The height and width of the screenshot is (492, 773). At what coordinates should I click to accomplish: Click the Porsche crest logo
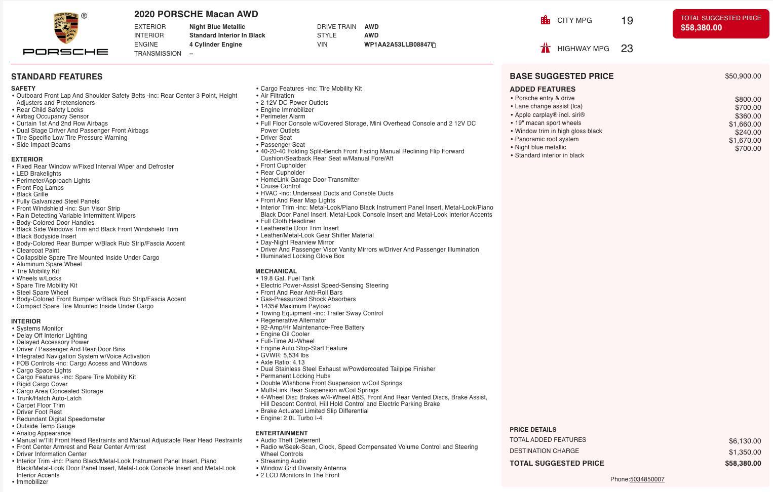(65, 28)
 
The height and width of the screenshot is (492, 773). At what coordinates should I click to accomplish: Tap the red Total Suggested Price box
(720, 23)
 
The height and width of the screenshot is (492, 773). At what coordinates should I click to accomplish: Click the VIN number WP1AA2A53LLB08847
(397, 45)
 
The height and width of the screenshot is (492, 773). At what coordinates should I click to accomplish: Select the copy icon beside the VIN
(434, 45)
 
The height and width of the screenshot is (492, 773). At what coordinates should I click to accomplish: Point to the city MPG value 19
(627, 21)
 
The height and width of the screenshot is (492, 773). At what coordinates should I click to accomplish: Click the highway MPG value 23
(627, 49)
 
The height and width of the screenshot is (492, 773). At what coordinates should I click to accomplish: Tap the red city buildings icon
(546, 20)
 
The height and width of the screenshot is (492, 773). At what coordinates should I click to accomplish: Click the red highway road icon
(546, 48)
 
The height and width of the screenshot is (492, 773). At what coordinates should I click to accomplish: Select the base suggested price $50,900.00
(743, 76)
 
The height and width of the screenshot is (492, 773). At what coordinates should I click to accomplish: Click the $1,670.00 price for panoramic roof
(745, 140)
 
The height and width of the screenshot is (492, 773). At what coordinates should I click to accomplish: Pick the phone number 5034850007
(647, 479)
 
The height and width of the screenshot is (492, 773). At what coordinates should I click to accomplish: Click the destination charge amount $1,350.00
(745, 452)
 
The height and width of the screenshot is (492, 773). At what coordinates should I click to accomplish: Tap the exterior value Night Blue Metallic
(217, 27)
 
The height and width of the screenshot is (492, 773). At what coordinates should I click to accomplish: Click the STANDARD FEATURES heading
(57, 76)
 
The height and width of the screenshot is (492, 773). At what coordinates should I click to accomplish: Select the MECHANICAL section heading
(276, 271)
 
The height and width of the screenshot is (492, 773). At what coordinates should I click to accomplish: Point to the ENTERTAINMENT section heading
(281, 433)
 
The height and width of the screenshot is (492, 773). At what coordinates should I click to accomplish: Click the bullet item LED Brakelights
(38, 174)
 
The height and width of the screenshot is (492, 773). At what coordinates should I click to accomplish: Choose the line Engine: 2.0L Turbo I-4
(291, 418)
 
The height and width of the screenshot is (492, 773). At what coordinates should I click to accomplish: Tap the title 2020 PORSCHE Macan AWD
(196, 14)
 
